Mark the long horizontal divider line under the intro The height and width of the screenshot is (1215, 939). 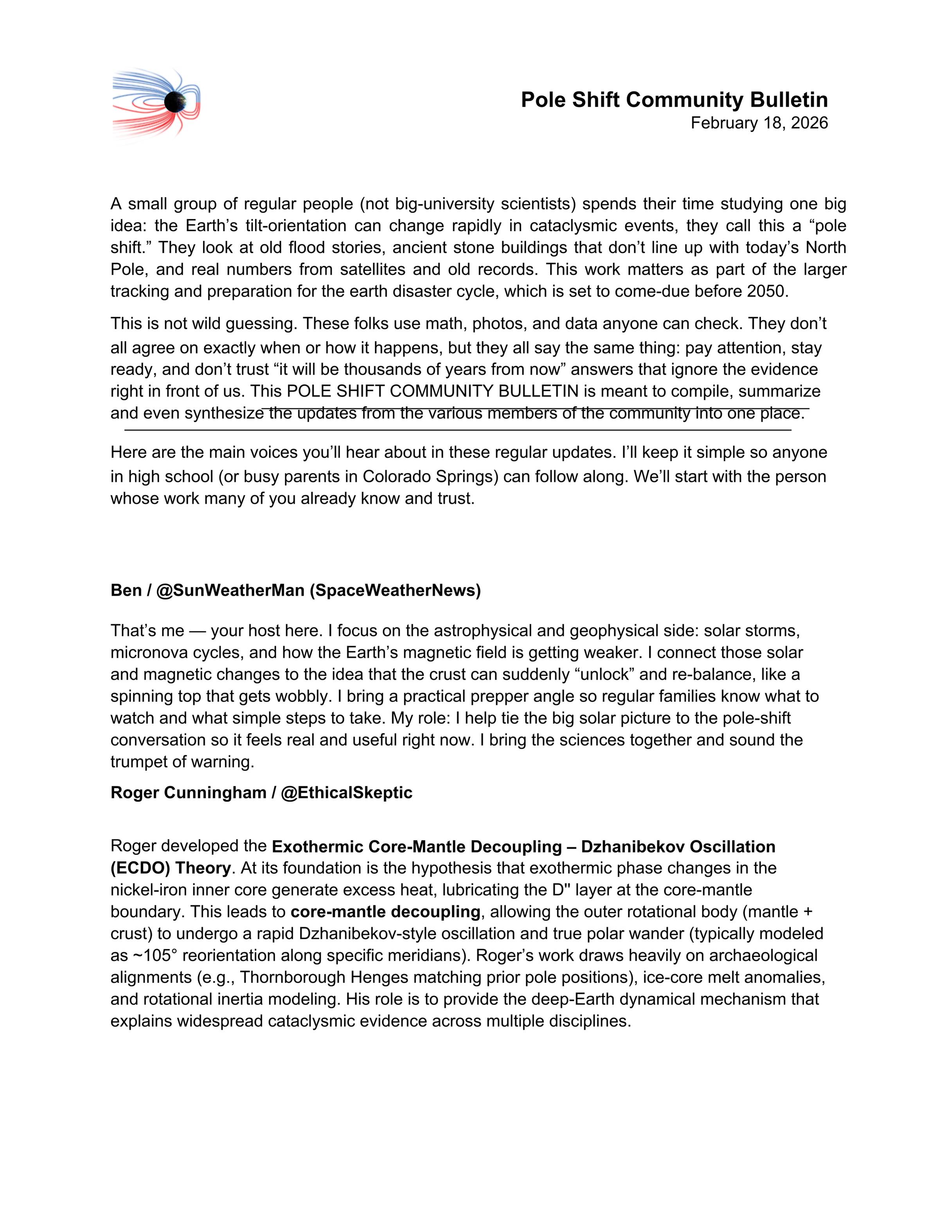point(457,430)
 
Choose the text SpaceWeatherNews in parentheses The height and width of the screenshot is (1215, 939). point(394,590)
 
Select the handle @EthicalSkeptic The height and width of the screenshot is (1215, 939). point(347,793)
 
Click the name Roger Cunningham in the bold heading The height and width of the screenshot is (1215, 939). point(188,793)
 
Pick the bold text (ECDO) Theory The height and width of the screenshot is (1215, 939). point(170,868)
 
